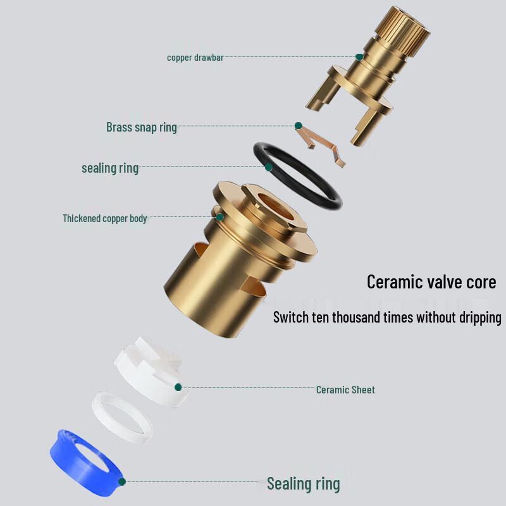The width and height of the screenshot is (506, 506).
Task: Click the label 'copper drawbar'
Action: point(195,58)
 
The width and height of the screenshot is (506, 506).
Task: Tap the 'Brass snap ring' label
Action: point(141,127)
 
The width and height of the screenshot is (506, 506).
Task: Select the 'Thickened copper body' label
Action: point(105,218)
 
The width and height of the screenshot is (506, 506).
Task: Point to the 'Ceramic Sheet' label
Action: point(345,390)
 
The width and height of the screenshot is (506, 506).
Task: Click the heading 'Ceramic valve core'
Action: point(431,281)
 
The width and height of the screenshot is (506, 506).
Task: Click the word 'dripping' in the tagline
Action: point(480,318)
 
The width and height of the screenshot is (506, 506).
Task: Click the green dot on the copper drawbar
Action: point(359,57)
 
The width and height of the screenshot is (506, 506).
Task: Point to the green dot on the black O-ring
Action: point(268,167)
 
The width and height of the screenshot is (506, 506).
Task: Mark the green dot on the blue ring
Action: point(122,482)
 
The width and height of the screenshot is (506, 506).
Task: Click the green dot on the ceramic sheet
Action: point(178,387)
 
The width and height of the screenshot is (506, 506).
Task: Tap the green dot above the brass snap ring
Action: point(298,125)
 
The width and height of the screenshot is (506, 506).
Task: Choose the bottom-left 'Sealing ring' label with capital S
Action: point(304,484)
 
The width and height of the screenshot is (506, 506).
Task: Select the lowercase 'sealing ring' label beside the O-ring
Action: point(110,168)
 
